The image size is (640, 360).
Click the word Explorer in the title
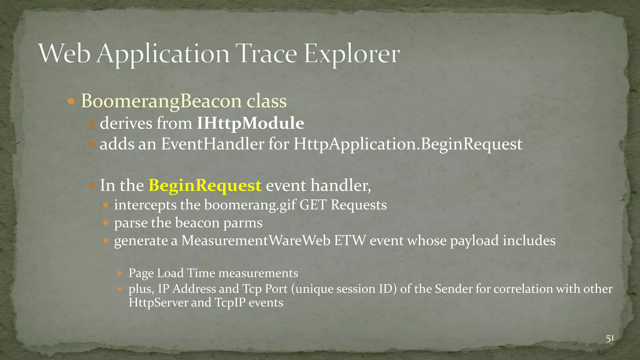[x=352, y=54]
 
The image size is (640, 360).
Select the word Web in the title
[x=64, y=54]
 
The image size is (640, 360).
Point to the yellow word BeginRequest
[x=205, y=185]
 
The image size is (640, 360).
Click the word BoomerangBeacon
[x=161, y=101]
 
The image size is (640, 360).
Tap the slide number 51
[x=610, y=338]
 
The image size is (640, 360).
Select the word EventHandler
[x=212, y=144]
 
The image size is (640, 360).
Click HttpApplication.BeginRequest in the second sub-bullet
[x=407, y=144]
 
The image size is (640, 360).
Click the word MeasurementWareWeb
[x=256, y=241]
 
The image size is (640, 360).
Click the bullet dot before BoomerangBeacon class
[x=71, y=101]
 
